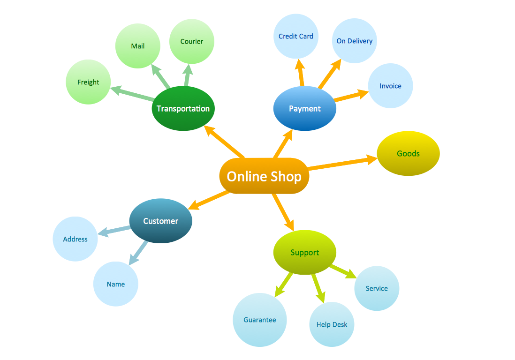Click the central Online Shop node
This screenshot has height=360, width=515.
pyautogui.click(x=264, y=176)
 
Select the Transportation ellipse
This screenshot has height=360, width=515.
pyautogui.click(x=183, y=108)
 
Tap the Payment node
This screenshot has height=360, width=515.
pyautogui.click(x=304, y=108)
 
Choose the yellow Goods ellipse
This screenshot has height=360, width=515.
pyautogui.click(x=408, y=153)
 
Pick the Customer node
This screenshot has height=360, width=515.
pyautogui.click(x=160, y=221)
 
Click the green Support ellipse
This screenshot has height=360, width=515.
pyautogui.click(x=304, y=253)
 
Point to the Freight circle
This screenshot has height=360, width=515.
pyautogui.click(x=88, y=82)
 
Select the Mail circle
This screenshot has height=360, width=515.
pyautogui.click(x=137, y=46)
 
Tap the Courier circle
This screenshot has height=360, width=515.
pyautogui.click(x=191, y=41)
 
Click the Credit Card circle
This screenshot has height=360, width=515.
pyautogui.click(x=295, y=36)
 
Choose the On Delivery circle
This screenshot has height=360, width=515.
pyautogui.click(x=354, y=41)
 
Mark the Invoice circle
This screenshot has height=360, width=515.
pyautogui.click(x=390, y=86)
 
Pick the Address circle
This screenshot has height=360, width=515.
pyautogui.click(x=75, y=239)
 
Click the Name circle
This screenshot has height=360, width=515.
pyautogui.click(x=115, y=284)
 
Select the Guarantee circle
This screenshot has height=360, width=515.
pyautogui.click(x=259, y=320)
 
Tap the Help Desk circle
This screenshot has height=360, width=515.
pyautogui.click(x=332, y=324)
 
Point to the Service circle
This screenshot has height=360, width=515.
pyautogui.click(x=377, y=288)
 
